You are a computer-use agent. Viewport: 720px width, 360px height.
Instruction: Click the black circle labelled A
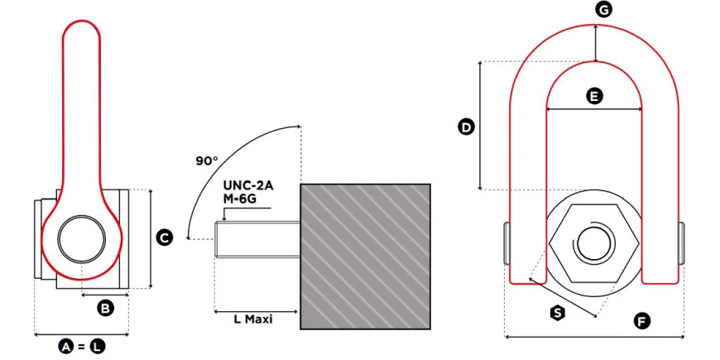coord(66,347)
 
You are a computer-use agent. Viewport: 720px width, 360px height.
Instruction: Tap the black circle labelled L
coord(97,347)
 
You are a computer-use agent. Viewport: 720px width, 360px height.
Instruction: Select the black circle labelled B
coord(105,308)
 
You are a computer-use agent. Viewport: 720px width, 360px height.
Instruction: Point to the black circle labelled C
coord(164,238)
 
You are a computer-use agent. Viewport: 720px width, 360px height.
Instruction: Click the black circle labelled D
coord(466,127)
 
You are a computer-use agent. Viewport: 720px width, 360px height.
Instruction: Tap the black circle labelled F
coord(641,321)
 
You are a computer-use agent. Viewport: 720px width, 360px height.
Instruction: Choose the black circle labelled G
coord(603,9)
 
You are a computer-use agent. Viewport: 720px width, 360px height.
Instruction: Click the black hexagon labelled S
coord(558,313)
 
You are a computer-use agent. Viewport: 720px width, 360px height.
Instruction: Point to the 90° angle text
coord(207,161)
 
